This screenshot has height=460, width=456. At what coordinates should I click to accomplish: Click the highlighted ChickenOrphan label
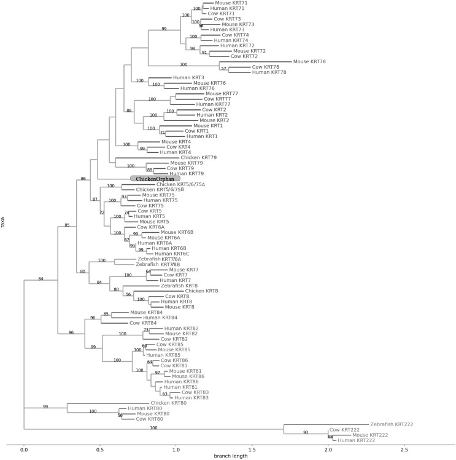155,179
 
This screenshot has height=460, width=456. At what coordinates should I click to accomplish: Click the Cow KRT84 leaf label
144,323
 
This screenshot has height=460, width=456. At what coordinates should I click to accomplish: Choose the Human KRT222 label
356,440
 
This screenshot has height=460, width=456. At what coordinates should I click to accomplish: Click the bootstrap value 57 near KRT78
224,69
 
